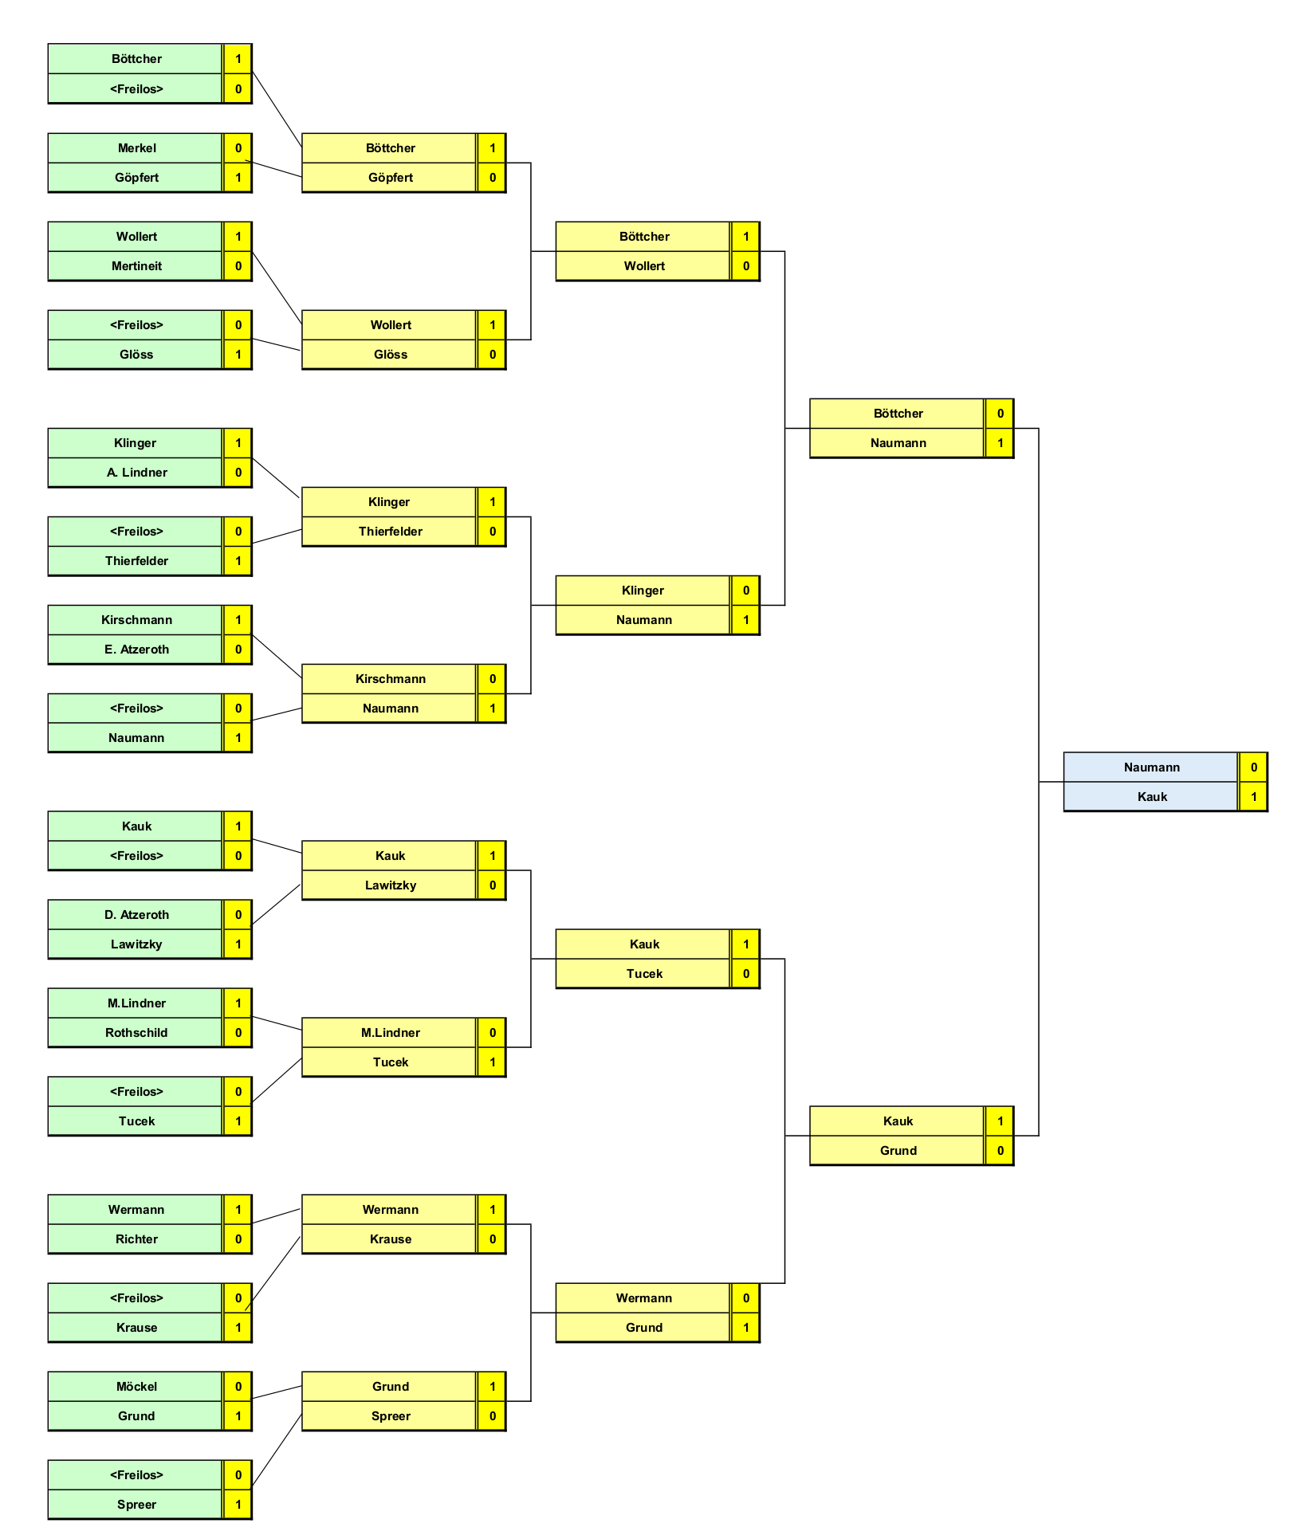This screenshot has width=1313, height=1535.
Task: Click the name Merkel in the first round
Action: click(x=136, y=148)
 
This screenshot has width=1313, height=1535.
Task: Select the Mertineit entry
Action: click(x=136, y=266)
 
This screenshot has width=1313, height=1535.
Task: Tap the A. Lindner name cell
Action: click(x=136, y=473)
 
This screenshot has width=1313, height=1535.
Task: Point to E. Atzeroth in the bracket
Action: click(x=136, y=650)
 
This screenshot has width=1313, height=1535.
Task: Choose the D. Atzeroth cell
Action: click(x=136, y=915)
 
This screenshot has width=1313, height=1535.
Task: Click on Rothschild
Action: click(x=136, y=1033)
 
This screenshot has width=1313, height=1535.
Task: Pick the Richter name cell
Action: click(x=136, y=1239)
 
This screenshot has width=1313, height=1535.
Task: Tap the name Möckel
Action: click(x=136, y=1387)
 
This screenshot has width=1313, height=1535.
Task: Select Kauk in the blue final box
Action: click(x=1152, y=797)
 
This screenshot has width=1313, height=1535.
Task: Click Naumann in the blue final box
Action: click(x=1152, y=767)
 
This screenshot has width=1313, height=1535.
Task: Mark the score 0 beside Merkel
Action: click(x=238, y=148)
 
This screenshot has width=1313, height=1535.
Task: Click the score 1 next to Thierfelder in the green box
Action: click(x=238, y=561)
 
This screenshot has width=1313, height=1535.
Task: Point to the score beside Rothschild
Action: click(x=238, y=1033)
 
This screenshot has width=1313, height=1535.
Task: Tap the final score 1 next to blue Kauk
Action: click(x=1253, y=797)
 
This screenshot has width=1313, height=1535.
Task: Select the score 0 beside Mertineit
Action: click(x=238, y=266)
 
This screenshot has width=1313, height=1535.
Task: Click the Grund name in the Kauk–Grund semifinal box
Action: click(x=898, y=1151)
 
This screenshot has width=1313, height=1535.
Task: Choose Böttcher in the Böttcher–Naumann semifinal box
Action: click(x=898, y=414)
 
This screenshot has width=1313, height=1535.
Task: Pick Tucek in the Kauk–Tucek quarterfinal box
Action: click(x=644, y=974)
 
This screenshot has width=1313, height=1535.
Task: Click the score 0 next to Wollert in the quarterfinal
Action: click(x=745, y=266)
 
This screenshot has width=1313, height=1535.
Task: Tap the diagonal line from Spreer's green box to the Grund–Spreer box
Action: click(x=277, y=1451)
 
